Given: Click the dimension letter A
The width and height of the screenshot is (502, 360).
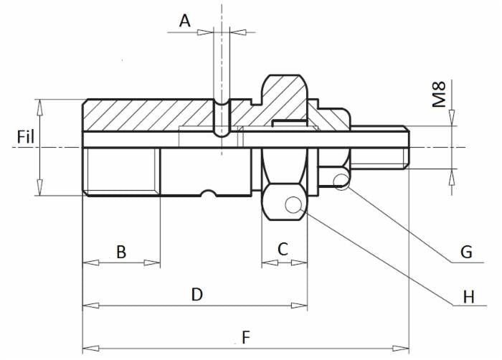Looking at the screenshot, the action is coord(185,22).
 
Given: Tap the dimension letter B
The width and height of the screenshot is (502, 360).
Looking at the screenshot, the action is coord(121,252).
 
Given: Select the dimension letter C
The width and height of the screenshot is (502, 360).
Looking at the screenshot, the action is coord(283,249).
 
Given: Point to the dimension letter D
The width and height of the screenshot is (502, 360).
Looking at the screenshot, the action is coord(197,295).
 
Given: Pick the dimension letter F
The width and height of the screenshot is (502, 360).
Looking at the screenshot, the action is coord(246,338).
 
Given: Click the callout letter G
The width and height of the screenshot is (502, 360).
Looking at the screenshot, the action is coord(466,252).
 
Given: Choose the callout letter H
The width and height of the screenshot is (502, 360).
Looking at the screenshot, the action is coord(469,297).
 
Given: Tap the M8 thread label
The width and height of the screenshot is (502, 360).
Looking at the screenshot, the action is coord(439,94).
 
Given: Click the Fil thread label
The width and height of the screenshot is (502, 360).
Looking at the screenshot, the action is coord(26,137).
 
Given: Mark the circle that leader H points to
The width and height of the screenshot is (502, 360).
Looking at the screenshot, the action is coord(293,205).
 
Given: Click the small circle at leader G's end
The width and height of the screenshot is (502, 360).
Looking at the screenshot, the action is coord(341,182).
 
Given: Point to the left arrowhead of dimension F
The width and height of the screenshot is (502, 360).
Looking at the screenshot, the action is coord(90,348).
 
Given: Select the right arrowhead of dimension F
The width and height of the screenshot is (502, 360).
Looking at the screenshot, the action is coord(401,348).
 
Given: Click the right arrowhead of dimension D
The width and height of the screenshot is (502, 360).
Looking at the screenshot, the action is coord(299,305).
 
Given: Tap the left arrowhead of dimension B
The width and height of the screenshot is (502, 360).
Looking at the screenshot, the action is coord(90,263).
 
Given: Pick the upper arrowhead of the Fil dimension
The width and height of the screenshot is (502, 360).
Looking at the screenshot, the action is coord(39,108).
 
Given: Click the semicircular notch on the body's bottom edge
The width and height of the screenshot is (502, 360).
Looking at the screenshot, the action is coord(209,192).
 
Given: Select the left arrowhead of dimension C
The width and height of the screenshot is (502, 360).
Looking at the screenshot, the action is coord(270,263).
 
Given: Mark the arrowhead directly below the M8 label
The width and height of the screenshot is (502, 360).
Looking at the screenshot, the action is coord(452,118).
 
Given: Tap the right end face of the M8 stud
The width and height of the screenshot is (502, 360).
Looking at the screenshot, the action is coord(409,147).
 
